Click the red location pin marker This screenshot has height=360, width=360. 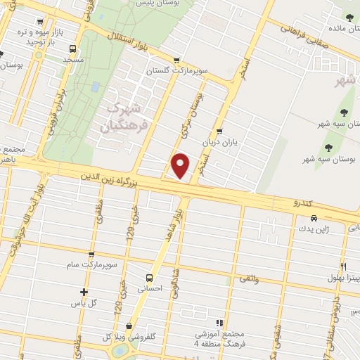181,165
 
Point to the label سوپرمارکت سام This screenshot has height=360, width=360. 91,264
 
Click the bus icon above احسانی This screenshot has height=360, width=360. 148,276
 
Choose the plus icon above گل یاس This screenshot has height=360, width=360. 84,292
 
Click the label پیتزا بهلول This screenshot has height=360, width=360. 339,278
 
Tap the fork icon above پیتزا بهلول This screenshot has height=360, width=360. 343,266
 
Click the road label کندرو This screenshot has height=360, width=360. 306,203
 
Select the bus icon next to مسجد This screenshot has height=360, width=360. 72,49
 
